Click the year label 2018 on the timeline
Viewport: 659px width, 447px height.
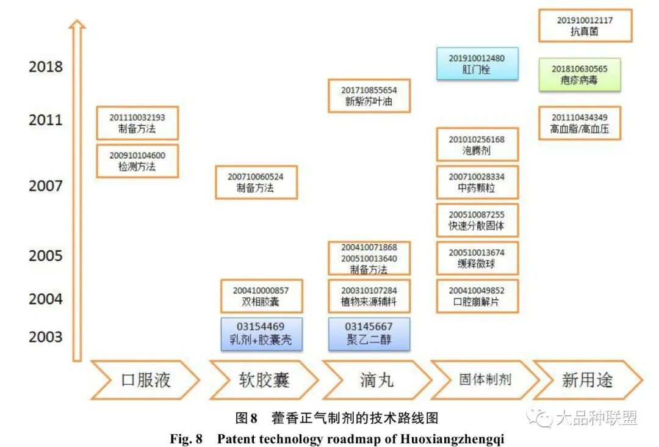pos(46,67)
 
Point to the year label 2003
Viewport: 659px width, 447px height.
pos(46,336)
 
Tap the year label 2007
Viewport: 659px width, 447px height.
pos(46,185)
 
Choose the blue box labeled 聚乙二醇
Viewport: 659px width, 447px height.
pos(369,333)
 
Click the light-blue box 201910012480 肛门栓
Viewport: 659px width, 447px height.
pos(477,64)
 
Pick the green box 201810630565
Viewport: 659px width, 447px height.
pos(580,74)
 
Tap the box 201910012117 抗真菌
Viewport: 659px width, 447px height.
pos(585,26)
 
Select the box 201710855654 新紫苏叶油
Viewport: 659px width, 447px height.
pos(369,96)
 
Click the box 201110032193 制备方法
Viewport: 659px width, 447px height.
pos(137,123)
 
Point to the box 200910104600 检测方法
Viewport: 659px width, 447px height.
pos(137,161)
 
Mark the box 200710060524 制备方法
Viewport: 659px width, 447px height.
pos(256,182)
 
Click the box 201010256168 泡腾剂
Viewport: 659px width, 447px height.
pos(477,145)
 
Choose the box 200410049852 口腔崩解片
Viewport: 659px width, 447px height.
pos(477,296)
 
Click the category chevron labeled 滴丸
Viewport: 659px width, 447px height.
pos(376,380)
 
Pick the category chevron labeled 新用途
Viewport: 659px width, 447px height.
pos(587,380)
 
